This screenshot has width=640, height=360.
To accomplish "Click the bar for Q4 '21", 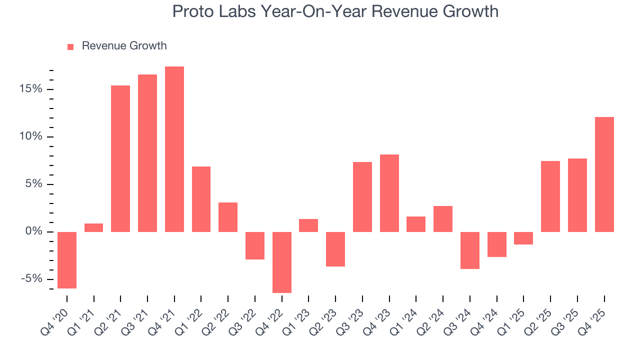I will [174, 149].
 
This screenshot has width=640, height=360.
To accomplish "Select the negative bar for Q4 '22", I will [281, 262].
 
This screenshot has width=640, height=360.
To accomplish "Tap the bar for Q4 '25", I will [604, 174].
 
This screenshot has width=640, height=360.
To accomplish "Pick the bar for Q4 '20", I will [67, 260].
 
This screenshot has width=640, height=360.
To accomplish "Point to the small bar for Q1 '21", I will [94, 227].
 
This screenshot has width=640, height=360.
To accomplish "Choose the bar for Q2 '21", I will [120, 158].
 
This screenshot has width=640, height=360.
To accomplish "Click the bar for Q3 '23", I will [362, 196].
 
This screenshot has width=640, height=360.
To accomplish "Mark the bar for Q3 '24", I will [470, 250].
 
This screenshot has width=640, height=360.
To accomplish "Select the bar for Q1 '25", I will [523, 238].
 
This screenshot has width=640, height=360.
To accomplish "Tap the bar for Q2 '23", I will [335, 249].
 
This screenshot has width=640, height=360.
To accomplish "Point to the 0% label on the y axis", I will [33, 232].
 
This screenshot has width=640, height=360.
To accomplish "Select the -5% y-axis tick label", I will [31, 279].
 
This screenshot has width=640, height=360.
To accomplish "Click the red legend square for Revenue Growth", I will [70, 46].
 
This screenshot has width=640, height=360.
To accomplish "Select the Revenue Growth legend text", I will [124, 46].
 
